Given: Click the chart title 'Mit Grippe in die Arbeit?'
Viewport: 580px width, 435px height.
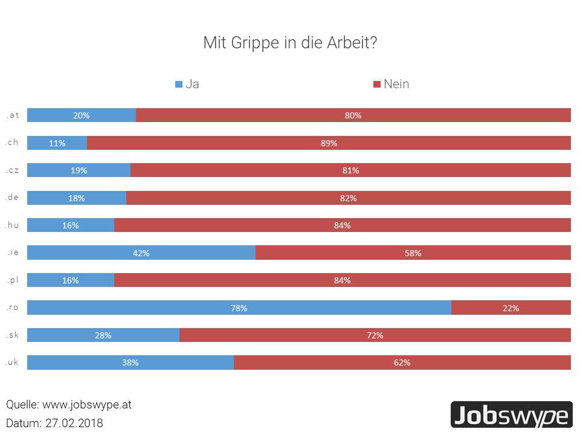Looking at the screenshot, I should point(290,43).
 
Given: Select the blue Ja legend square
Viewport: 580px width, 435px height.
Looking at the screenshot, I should point(178,85).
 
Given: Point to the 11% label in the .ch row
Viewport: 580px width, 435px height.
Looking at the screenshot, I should point(57,143).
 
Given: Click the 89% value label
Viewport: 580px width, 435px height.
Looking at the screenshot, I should point(329,143).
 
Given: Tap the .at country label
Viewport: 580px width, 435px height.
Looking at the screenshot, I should point(12,115).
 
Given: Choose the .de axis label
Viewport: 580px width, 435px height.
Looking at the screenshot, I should point(12,197).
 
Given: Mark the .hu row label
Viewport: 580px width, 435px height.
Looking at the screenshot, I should point(12,225).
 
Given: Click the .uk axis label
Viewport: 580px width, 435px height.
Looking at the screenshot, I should point(12,362).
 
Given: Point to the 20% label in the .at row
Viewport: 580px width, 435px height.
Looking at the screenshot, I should point(81,115).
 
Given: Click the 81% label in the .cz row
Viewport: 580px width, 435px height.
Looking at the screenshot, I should point(350,170).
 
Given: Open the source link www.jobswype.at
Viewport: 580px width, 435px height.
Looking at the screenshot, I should point(86,405).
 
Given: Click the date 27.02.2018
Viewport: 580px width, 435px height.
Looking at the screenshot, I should point(74,423).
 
